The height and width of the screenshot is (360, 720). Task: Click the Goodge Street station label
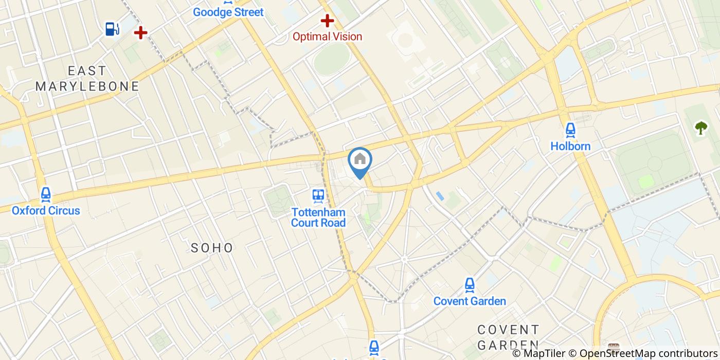coord(228,12)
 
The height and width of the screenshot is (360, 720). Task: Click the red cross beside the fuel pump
coord(140,33)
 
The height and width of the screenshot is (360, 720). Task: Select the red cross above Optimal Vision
coord(327,21)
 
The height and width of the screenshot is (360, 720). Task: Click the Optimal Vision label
coord(327,37)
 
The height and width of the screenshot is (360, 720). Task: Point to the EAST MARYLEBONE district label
coord(87,78)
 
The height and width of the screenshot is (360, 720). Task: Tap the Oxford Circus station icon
coord(46,194)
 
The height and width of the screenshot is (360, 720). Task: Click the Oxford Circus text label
coord(46,210)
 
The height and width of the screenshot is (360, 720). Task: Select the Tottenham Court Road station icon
coord(318,195)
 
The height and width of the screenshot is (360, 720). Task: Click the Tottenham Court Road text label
coord(318,217)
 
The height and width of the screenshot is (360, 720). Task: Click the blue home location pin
coord(360,160)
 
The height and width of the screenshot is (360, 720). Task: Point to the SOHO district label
coord(212,248)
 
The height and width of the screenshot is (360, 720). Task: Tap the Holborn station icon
coord(570,130)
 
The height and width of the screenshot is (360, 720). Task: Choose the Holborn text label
coord(570,146)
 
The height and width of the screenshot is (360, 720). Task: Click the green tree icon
coord(701,128)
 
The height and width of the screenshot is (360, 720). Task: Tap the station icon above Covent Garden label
coord(470,284)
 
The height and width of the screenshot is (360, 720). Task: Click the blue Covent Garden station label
coord(470,301)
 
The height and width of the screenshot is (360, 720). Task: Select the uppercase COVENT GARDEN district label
coord(508,337)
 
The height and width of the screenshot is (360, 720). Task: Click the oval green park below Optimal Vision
coord(332,59)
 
